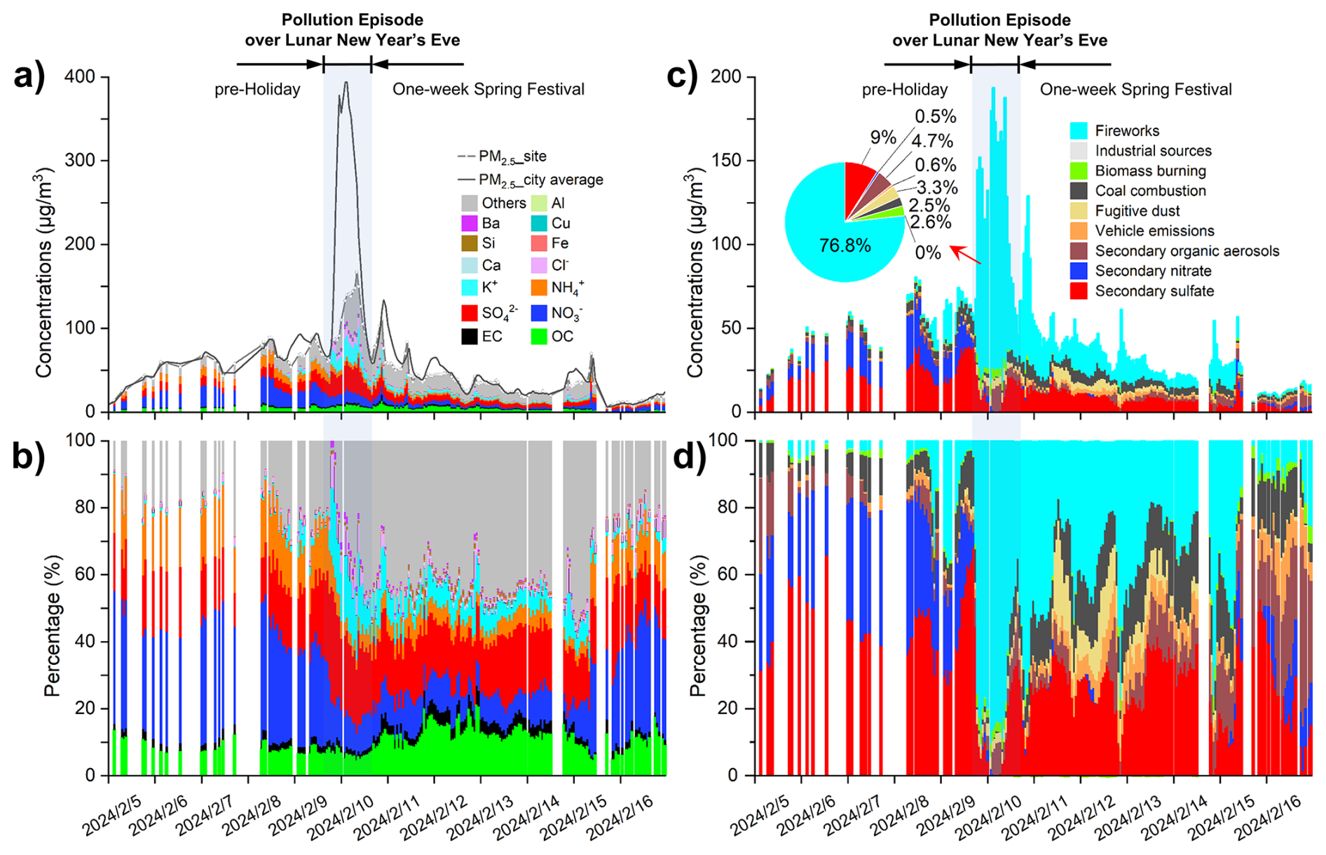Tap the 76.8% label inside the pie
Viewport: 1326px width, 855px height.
(x=845, y=245)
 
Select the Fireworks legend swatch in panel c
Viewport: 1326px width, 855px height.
(x=1079, y=131)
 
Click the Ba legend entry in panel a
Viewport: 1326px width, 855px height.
(x=491, y=224)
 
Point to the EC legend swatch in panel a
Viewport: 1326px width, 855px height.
(x=470, y=337)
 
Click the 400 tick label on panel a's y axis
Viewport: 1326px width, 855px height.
(x=80, y=76)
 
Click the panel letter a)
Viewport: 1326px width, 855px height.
(x=29, y=75)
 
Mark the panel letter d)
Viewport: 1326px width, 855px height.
(x=690, y=456)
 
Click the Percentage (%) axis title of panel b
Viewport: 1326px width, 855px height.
(x=52, y=625)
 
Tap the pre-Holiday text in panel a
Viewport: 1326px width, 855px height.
(x=257, y=90)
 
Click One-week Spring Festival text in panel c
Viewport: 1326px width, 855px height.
(x=1135, y=90)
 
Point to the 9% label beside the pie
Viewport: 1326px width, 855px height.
(x=883, y=137)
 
